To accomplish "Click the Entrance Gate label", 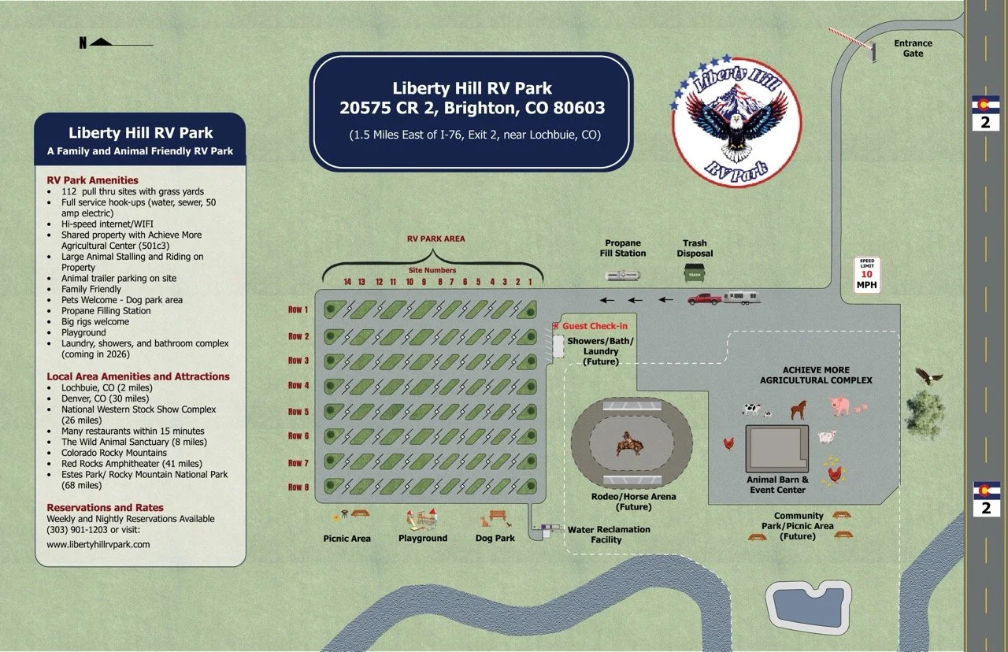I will [x=913, y=48].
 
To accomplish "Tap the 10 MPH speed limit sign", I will [x=866, y=276].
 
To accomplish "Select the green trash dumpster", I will [x=694, y=273].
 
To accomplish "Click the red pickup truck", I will [x=704, y=298].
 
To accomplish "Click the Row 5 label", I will [x=298, y=411].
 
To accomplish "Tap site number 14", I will [x=347, y=282].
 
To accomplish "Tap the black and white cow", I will [x=752, y=409].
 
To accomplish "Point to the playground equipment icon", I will [x=421, y=519].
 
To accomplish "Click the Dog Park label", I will [x=495, y=539].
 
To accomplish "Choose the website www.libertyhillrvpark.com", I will [x=98, y=544].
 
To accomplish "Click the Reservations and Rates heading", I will [x=105, y=508].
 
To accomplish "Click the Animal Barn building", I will [x=776, y=449].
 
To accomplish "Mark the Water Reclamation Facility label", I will [x=609, y=535].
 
